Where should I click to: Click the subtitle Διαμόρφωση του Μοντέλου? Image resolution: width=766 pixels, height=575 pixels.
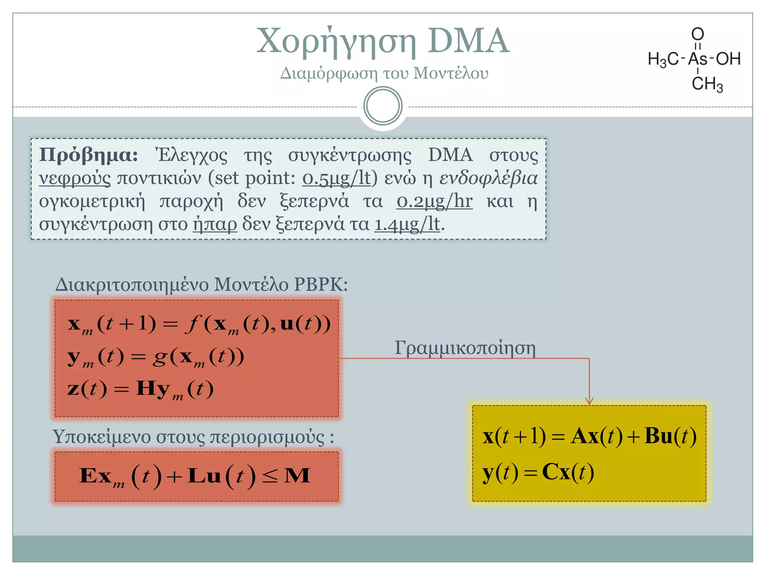[384, 73]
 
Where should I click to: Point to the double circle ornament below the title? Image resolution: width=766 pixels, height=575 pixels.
[383, 106]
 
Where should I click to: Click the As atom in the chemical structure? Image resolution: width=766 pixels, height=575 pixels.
[698, 59]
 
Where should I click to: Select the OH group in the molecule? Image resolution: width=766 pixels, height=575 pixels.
[728, 59]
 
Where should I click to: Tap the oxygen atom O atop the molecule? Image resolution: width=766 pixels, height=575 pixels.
[698, 34]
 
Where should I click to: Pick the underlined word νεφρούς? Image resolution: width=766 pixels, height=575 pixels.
[75, 178]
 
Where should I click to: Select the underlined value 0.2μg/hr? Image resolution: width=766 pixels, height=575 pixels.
[434, 201]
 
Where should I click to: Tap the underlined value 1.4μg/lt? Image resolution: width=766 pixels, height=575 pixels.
[407, 224]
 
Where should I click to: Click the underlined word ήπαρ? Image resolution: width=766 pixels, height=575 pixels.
[215, 224]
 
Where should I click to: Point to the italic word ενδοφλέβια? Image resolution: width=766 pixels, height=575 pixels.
[488, 178]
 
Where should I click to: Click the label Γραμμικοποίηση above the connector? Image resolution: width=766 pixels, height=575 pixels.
[465, 348]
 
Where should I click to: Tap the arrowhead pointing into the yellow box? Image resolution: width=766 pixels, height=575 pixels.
[589, 401]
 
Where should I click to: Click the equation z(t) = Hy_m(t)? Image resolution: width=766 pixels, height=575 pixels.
[140, 389]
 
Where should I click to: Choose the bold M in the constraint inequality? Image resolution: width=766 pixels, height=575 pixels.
[297, 476]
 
